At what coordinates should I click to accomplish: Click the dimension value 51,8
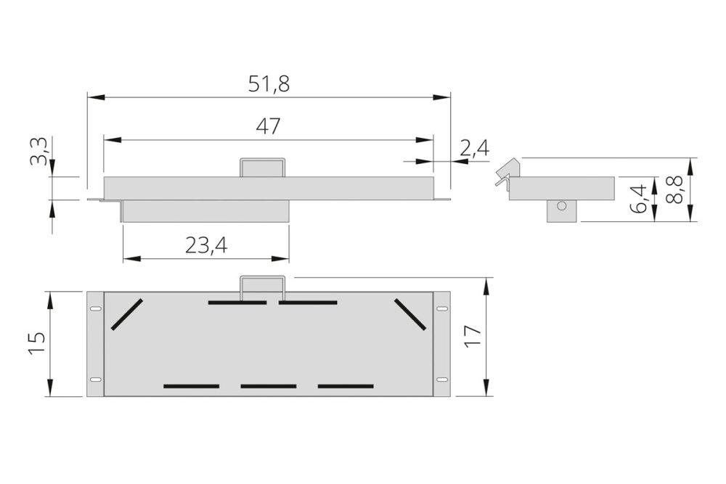point(269,83)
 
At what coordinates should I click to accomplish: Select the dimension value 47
point(269,126)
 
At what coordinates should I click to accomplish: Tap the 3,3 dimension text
point(41,152)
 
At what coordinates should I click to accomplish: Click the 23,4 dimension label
point(206,246)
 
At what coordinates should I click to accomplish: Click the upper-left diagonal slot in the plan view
point(127,314)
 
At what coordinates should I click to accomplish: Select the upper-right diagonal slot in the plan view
point(411,313)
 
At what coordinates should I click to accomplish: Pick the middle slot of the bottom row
point(269,386)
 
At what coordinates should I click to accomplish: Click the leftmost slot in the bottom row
point(191,386)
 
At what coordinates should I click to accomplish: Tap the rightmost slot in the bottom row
point(346,386)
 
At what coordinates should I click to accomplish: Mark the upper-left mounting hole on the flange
point(95,310)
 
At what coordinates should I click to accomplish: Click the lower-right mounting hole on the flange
point(441,380)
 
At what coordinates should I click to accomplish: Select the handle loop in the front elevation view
point(264,167)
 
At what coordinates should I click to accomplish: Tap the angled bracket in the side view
point(505,171)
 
